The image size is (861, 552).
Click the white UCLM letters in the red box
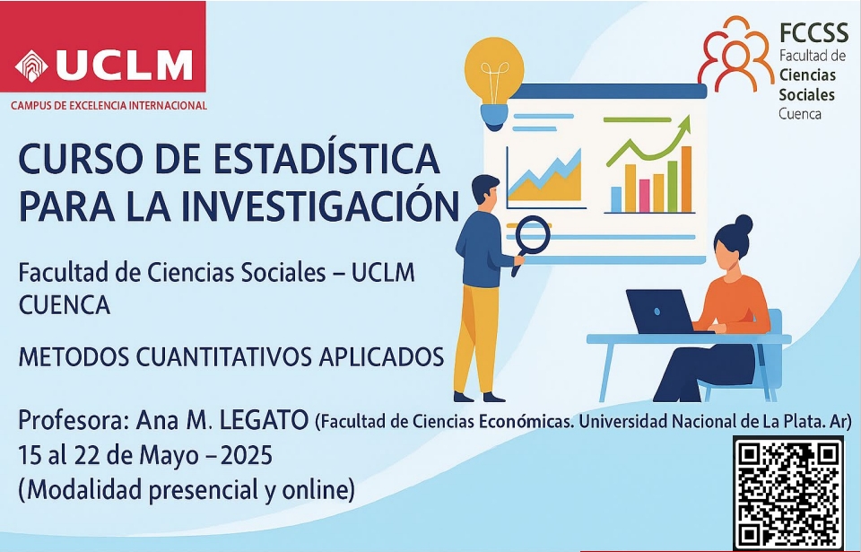pos(124,66)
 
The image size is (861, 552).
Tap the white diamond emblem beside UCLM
pos(32,66)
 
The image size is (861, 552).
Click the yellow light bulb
pos(493,83)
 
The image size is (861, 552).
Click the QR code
pos(788,494)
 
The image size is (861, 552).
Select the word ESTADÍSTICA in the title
pos(326,159)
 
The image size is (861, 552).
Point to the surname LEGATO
pos(264,421)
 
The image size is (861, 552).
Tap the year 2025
pos(247,455)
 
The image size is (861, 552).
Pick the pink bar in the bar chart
pos(645,195)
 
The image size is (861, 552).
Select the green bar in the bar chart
pos(672,186)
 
